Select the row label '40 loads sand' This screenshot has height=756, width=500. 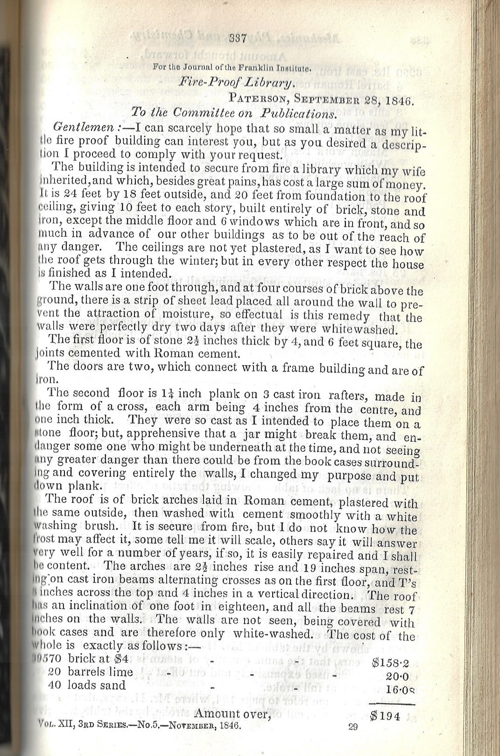[87, 685]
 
